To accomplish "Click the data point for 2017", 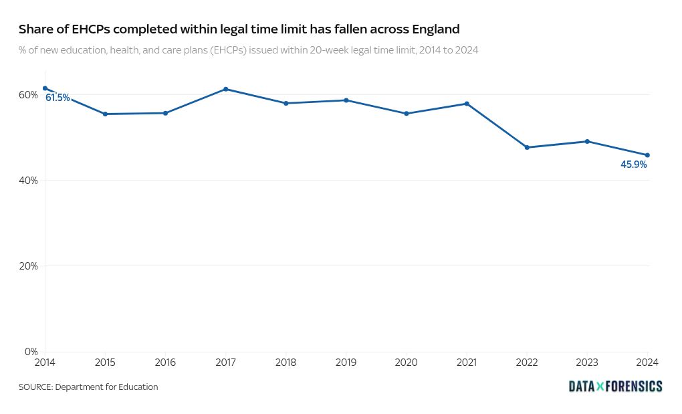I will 226,89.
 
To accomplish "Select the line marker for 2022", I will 527,147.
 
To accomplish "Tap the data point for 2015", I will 105,114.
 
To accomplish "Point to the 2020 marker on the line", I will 407,114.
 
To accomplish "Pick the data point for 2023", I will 587,141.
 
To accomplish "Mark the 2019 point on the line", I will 346,100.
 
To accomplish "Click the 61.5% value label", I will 58,98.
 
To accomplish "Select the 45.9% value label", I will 634,165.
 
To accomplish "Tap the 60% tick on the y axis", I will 28,95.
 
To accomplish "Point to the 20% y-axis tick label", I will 28,266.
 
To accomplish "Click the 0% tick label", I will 31,352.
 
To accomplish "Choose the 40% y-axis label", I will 28,181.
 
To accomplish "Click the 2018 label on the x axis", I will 286,363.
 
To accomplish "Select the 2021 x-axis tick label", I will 467,363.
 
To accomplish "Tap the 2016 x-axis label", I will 165,363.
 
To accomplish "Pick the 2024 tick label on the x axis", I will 647,363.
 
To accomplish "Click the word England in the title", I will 436,29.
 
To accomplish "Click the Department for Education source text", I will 106,387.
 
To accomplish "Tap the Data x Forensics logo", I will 615,387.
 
